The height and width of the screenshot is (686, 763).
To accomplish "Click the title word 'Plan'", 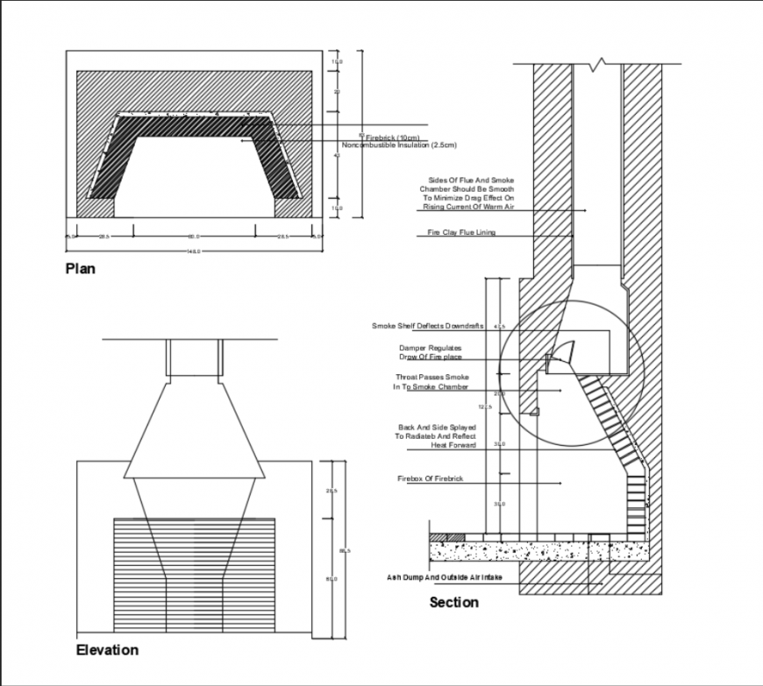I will coord(81,269).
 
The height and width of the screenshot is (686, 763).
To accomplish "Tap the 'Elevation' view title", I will coord(107,650).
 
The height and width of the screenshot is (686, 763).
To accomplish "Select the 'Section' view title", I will coord(453,602).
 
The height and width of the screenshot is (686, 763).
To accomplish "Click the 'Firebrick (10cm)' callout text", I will coord(392,138).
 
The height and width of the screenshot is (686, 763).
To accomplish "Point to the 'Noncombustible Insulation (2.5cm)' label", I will coord(399,145).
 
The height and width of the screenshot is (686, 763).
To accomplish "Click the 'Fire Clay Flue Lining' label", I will coord(461,233).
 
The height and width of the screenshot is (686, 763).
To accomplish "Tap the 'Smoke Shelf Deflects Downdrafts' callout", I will coord(427,326).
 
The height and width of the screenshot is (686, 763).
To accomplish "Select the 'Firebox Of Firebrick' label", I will coord(430,480).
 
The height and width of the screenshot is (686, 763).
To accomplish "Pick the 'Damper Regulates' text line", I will coord(430,348).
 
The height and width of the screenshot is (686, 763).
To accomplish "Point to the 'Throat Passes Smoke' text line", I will coord(431,378).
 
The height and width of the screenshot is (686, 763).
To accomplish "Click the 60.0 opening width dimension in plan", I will coord(194,237).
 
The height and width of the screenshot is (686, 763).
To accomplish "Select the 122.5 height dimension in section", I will coord(485,407).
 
